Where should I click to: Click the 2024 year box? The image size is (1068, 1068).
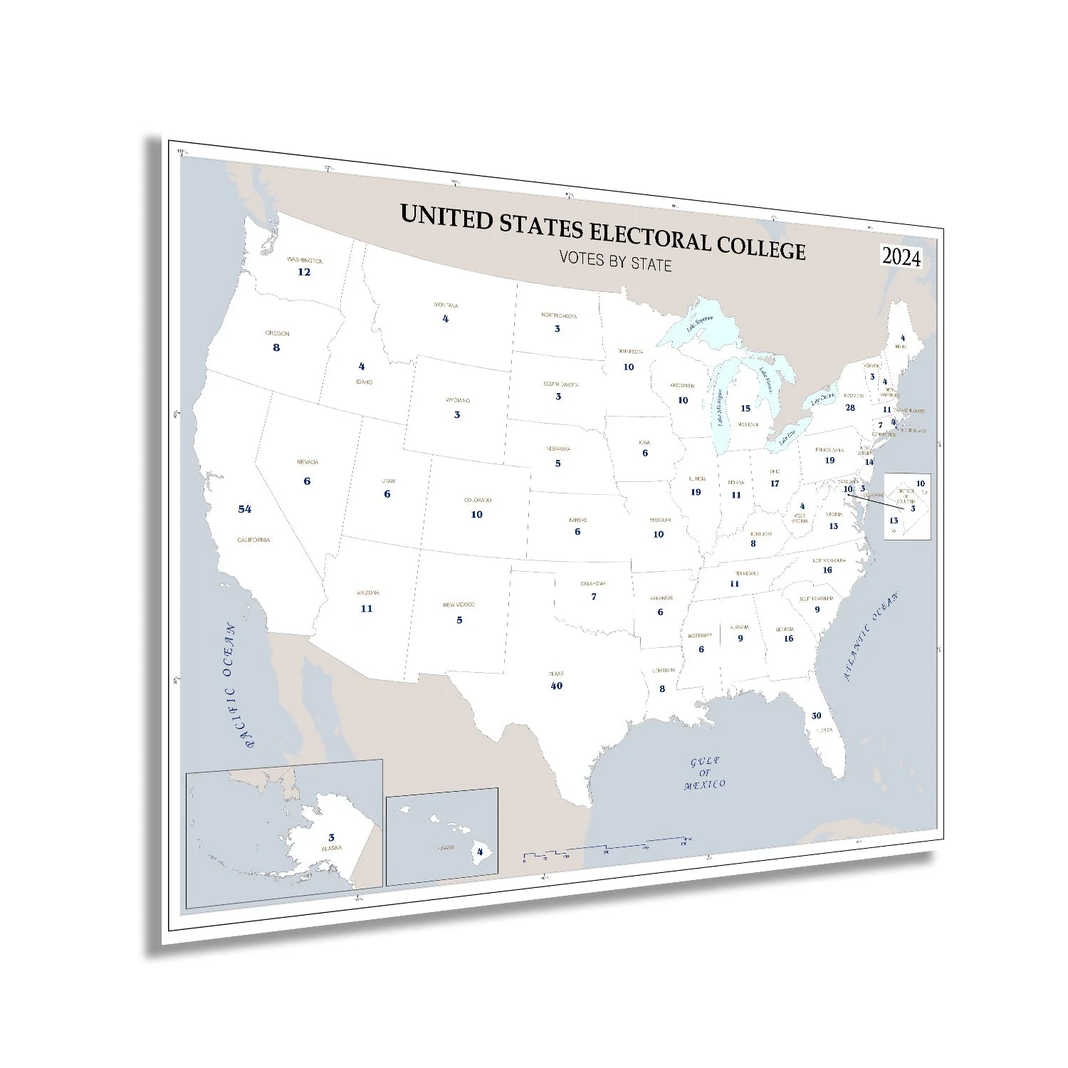(901, 257)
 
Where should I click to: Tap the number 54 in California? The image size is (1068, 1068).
(245, 509)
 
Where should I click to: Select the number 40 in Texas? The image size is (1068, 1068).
(556, 686)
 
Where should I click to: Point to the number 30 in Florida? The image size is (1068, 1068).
(816, 716)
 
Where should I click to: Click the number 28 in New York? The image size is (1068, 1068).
(850, 408)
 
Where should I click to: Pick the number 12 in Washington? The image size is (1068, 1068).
(304, 272)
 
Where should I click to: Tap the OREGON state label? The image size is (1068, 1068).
(277, 333)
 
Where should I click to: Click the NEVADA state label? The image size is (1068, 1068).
(308, 462)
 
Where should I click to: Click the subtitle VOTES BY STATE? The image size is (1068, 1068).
(615, 261)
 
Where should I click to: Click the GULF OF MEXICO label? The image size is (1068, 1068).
(705, 773)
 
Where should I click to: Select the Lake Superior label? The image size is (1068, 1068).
(698, 325)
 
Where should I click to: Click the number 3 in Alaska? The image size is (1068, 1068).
(331, 838)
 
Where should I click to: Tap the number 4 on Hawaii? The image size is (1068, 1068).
(480, 852)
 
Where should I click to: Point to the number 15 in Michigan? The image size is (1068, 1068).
(745, 409)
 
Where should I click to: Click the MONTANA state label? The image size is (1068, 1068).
(446, 305)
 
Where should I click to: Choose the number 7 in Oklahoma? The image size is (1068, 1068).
(594, 597)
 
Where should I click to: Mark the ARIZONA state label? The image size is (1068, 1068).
(367, 593)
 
